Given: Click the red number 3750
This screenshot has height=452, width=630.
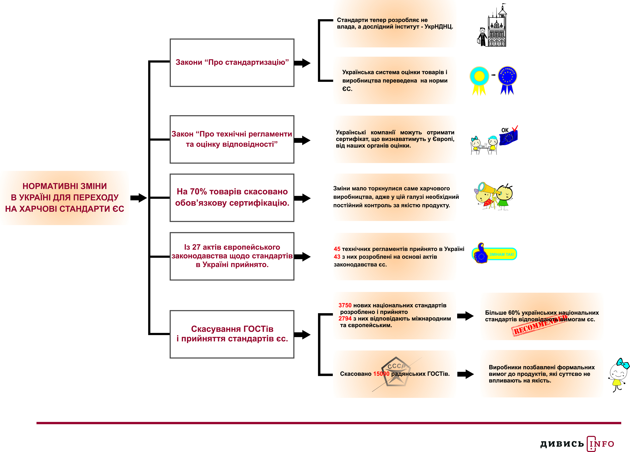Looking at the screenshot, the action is (x=345, y=305).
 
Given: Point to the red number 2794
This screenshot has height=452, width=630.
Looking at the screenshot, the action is (x=345, y=319).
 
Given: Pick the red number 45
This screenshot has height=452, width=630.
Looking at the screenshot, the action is (x=337, y=249).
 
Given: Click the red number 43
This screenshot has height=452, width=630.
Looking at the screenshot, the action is (x=337, y=257).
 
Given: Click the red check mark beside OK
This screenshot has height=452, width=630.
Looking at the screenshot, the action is (x=515, y=128).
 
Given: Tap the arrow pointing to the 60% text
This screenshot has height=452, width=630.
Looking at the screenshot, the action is (x=465, y=316).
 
